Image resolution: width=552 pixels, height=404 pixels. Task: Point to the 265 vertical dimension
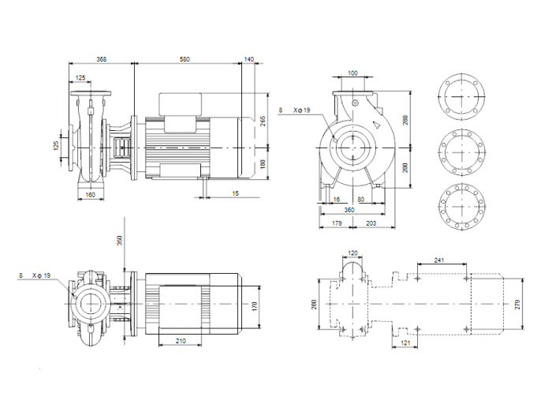263,121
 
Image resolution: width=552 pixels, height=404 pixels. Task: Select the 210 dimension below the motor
181,341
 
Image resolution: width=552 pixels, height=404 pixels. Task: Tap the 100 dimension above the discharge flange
352,73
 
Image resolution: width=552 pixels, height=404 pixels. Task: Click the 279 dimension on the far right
518,305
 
